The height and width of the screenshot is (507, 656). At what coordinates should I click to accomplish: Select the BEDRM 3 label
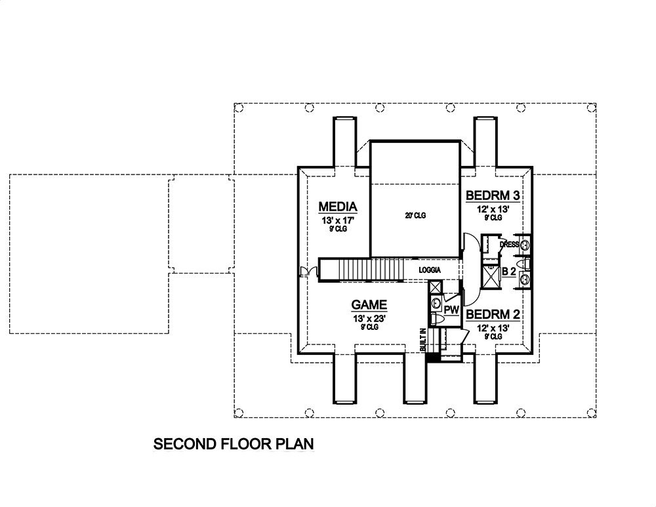493,195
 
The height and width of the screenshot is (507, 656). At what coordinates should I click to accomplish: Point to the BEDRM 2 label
493,314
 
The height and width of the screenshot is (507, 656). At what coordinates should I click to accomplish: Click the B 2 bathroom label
508,272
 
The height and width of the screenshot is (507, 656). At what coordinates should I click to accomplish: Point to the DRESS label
509,245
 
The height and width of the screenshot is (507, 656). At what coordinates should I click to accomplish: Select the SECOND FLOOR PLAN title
234,443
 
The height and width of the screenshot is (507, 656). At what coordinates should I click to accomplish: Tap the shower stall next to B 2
489,275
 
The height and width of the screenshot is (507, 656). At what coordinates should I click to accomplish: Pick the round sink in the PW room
436,302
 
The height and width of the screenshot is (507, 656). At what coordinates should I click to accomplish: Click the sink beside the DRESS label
525,245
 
